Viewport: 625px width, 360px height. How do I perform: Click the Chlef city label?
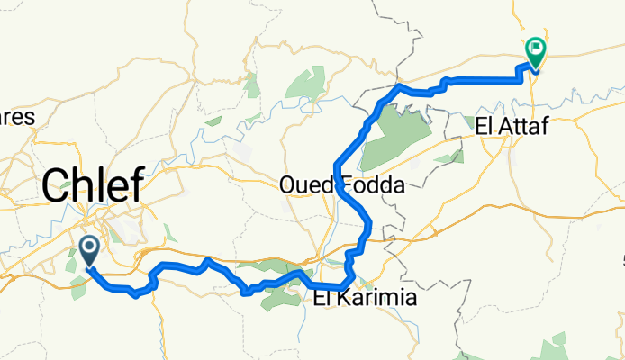(93, 187)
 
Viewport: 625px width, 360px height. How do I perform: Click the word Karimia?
(377, 299)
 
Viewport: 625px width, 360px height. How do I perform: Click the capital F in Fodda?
(347, 186)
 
